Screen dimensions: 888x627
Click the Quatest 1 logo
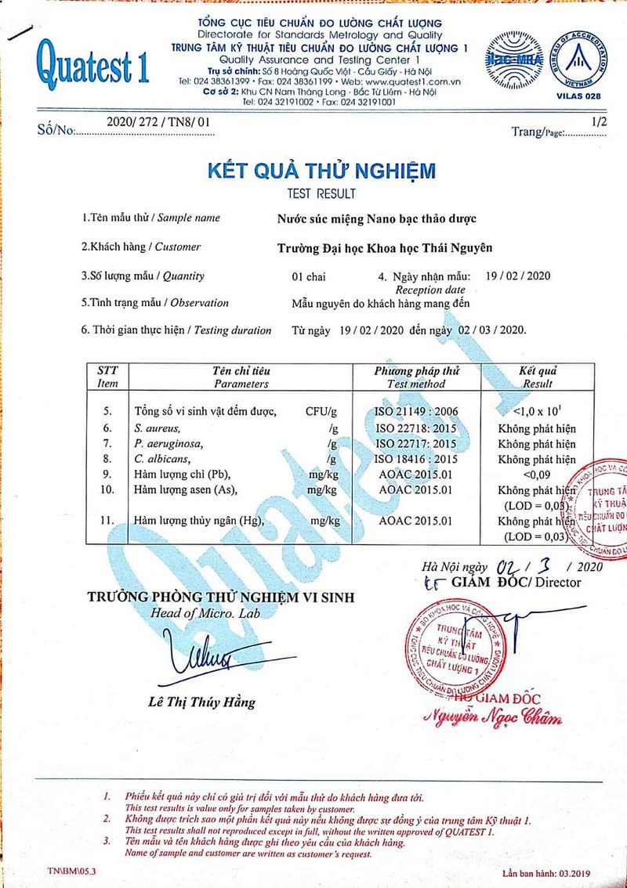pos(92,62)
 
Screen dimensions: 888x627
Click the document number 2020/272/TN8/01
pos(158,123)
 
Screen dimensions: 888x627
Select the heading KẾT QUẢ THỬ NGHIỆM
pos(321,171)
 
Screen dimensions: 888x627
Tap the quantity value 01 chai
pos(308,276)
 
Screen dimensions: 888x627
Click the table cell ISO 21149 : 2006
pos(416,411)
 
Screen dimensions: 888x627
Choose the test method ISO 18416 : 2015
pos(416,460)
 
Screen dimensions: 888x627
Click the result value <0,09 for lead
pos(537,475)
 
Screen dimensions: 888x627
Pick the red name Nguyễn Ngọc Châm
pos(492,717)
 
